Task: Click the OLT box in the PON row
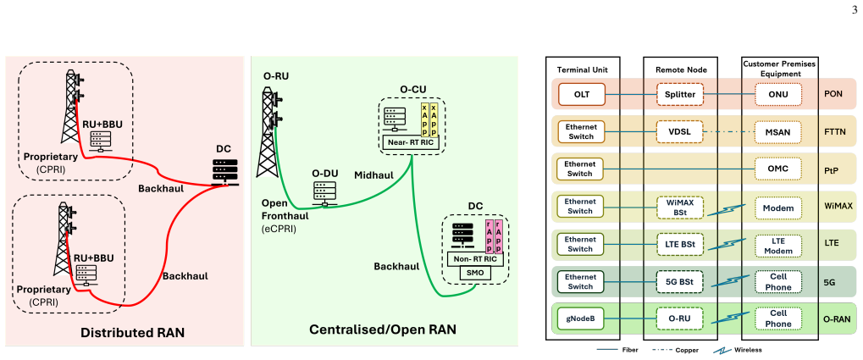581,93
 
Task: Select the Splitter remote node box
680,94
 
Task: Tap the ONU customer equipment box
778,94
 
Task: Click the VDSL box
680,131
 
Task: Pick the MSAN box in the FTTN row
778,131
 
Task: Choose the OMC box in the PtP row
778,169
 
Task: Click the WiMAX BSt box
680,207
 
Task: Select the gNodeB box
581,318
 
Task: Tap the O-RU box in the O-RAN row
680,318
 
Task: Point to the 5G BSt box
680,282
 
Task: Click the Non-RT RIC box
475,258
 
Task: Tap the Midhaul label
373,175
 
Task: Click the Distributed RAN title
132,333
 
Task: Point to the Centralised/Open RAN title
383,330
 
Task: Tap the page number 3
855,8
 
